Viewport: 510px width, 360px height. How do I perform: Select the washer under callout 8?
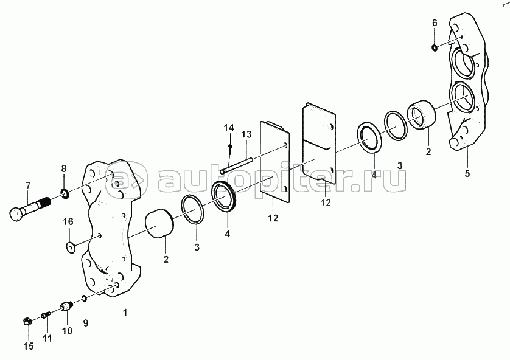pos(65,193)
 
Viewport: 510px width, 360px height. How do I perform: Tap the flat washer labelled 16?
pos(70,247)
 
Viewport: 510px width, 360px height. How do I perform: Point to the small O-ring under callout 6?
pos(435,48)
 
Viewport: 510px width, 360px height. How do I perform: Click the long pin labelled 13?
pos(237,165)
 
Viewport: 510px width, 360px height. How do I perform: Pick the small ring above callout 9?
pos(84,298)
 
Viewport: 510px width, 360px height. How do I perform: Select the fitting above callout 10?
pos(66,306)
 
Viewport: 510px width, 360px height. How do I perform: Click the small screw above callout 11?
pos(46,315)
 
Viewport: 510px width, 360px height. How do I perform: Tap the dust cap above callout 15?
pos(28,321)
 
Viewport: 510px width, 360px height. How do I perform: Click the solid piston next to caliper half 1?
pos(158,224)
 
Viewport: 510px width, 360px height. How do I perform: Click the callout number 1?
pos(125,313)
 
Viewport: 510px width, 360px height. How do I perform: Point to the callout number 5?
pos(467,173)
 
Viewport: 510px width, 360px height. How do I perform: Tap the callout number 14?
pos(229,128)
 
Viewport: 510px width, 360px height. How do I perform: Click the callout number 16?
pos(68,221)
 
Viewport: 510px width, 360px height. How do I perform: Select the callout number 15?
pos(29,347)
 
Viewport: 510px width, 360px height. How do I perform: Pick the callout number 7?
pos(28,185)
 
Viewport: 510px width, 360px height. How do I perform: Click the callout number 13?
pos(246,134)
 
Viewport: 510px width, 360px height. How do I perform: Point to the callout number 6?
pos(435,22)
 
